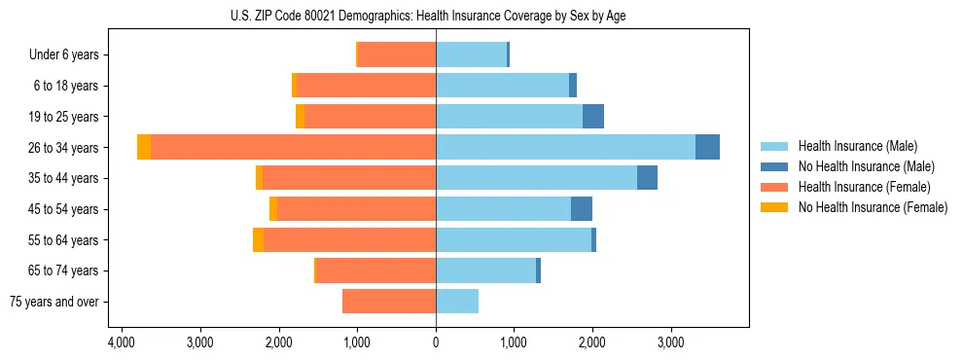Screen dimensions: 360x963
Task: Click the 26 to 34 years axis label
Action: pyautogui.click(x=64, y=148)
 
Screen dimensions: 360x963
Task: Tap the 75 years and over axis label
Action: pyautogui.click(x=53, y=302)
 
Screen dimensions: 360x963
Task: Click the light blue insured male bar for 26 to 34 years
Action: pyautogui.click(x=565, y=147)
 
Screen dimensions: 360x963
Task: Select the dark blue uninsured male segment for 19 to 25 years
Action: pyautogui.click(x=592, y=117)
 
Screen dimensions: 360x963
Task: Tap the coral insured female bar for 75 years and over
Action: pyautogui.click(x=389, y=302)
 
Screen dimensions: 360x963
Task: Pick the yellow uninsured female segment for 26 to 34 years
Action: pyautogui.click(x=144, y=147)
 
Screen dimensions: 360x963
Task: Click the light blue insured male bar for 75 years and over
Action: pyautogui.click(x=457, y=302)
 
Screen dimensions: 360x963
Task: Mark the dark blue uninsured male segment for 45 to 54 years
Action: pyautogui.click(x=581, y=209)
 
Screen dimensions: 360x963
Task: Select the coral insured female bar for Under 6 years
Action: pyautogui.click(x=397, y=55)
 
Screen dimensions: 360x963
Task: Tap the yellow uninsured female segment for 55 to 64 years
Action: pyautogui.click(x=258, y=240)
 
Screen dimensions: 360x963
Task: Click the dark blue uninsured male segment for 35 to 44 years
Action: pyautogui.click(x=647, y=178)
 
